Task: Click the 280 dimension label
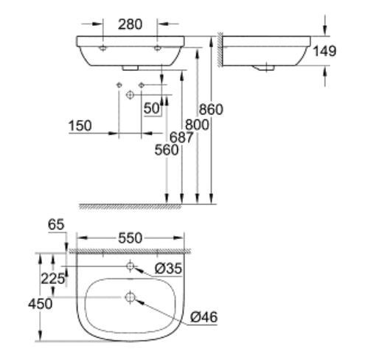tap(130, 24)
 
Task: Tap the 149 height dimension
tap(324, 51)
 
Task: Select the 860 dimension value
tap(211, 109)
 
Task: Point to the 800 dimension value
tap(197, 125)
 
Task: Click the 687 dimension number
tap(181, 137)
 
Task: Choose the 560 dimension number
tap(167, 150)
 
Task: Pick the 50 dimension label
tap(152, 108)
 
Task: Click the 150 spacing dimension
tap(80, 125)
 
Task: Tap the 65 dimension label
tap(56, 224)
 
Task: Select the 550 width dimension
tap(130, 238)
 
